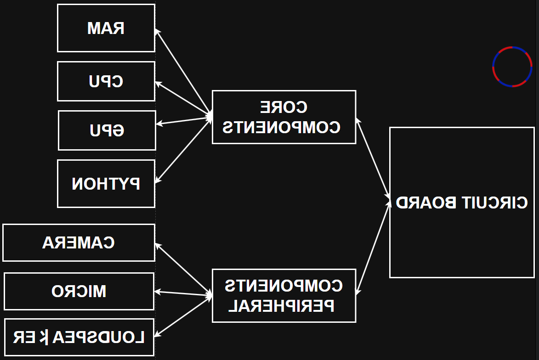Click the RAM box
(x=106, y=28)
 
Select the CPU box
(x=106, y=81)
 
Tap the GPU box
(x=107, y=130)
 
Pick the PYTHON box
(x=106, y=184)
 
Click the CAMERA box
(x=79, y=242)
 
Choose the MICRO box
(x=79, y=291)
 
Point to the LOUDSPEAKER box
(x=79, y=337)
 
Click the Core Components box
(x=284, y=117)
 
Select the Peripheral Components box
(x=284, y=295)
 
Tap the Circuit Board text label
(x=462, y=202)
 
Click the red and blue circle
(x=512, y=67)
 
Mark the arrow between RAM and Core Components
(x=183, y=71)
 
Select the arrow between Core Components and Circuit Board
(x=373, y=158)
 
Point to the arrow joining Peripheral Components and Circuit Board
(x=373, y=246)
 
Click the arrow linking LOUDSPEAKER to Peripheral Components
(x=183, y=316)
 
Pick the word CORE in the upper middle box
(x=284, y=107)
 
